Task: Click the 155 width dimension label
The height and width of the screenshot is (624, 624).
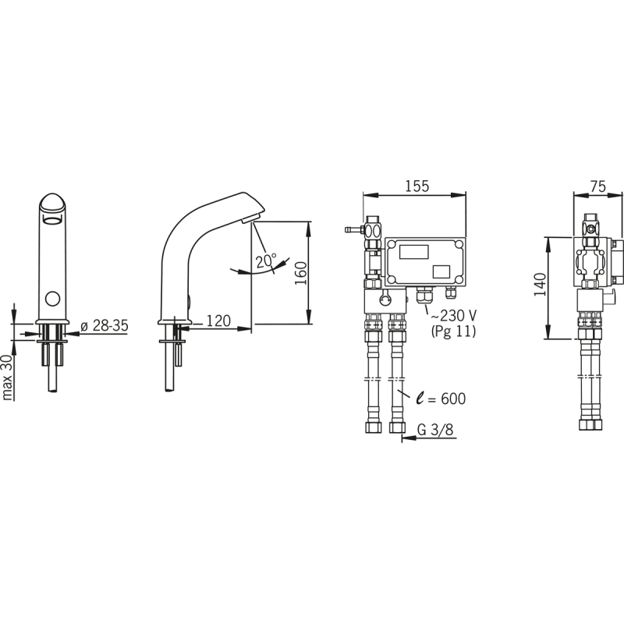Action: (417, 186)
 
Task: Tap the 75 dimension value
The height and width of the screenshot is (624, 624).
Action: (598, 186)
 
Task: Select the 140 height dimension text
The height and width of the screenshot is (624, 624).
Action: (540, 285)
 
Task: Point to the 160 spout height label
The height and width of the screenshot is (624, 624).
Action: (301, 273)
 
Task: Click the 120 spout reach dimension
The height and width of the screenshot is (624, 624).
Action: (218, 321)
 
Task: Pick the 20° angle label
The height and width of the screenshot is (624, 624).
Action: (265, 261)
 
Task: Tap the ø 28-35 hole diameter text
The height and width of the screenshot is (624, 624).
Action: (105, 325)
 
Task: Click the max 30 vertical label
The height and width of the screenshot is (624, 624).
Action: (8, 378)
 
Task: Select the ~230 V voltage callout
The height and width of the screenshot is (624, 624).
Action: (453, 316)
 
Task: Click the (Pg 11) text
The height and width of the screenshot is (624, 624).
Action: (453, 331)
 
